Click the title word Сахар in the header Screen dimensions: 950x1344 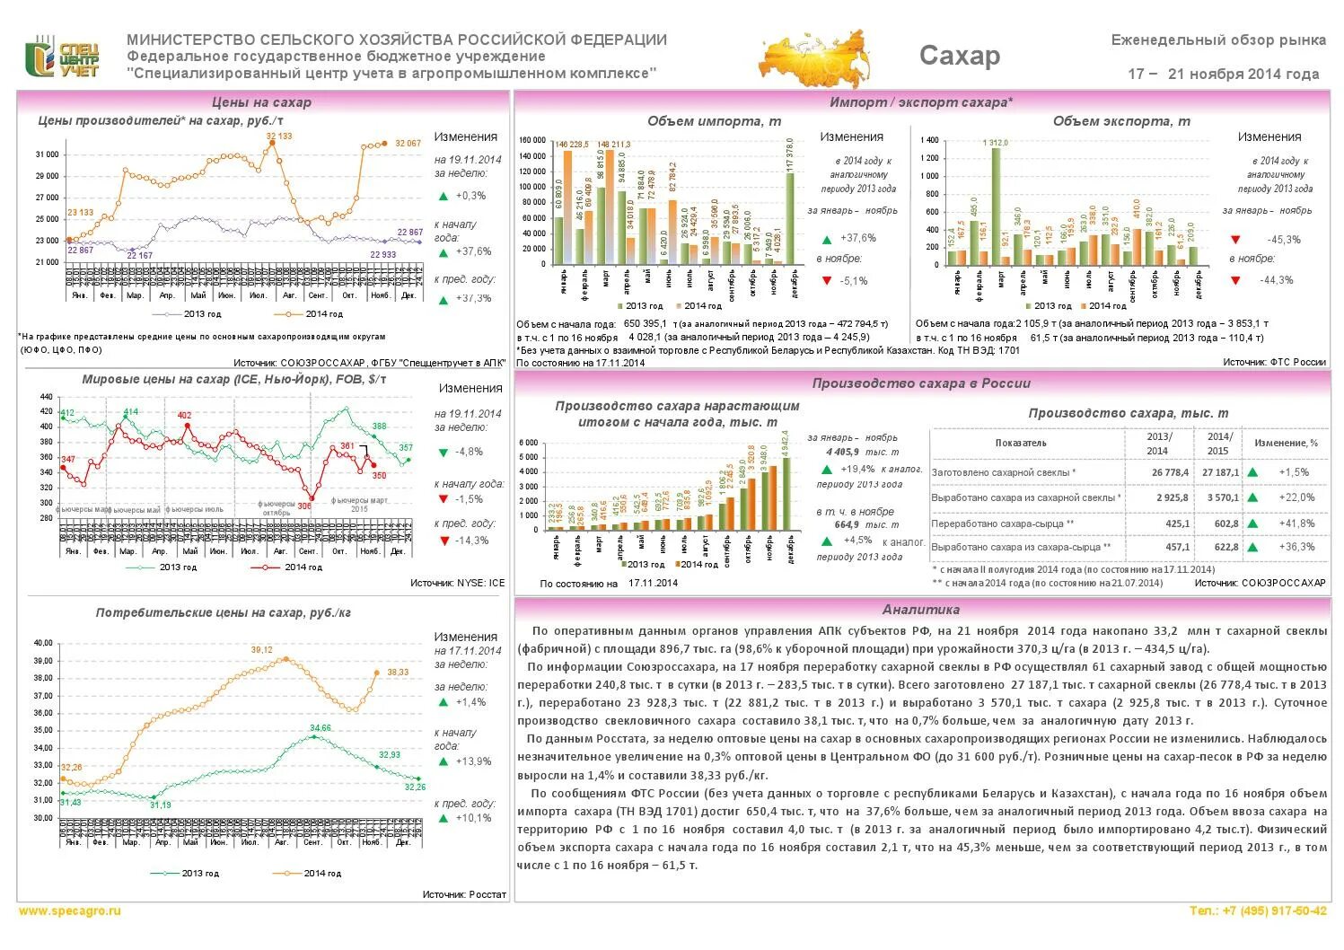click(x=959, y=56)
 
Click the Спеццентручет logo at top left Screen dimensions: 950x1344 click(x=61, y=57)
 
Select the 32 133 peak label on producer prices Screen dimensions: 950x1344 click(x=278, y=136)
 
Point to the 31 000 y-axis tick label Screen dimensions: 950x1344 click(x=47, y=154)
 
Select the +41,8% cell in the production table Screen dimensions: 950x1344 click(x=1298, y=523)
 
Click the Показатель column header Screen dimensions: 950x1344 click(x=1020, y=443)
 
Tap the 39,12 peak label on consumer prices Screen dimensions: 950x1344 click(x=261, y=650)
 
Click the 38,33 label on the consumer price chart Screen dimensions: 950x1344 click(x=397, y=672)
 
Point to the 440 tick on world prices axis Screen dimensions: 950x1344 click(x=46, y=396)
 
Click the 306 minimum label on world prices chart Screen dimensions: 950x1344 click(x=304, y=506)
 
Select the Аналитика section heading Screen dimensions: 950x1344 click(x=920, y=610)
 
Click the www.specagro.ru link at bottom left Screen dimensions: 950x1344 click(x=69, y=910)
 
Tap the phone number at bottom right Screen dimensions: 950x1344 click(x=1258, y=910)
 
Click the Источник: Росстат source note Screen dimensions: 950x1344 click(x=464, y=894)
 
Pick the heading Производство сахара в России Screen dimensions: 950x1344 click(x=920, y=383)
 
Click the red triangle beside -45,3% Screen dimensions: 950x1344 click(x=1235, y=240)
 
